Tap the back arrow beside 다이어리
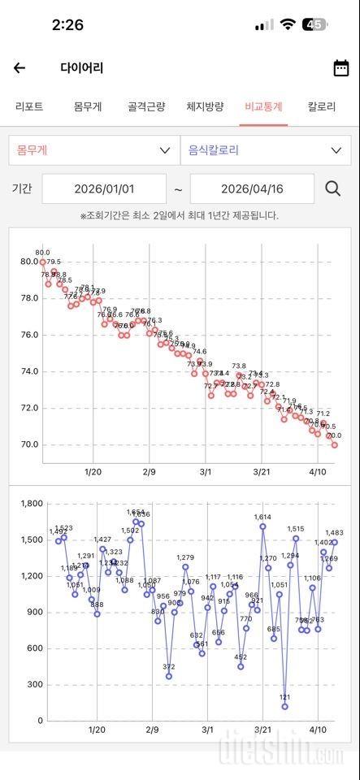click(x=20, y=68)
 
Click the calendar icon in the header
click(x=341, y=68)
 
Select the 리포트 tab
click(x=29, y=106)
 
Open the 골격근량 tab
click(x=146, y=106)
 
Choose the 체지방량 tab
click(x=205, y=106)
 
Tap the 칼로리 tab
click(x=322, y=106)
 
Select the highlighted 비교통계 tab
click(x=263, y=106)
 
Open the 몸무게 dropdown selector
click(x=93, y=150)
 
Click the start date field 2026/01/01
click(x=104, y=188)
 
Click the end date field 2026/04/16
click(x=252, y=188)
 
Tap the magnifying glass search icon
click(x=333, y=188)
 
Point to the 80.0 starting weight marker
click(x=42, y=262)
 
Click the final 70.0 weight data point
click(x=335, y=444)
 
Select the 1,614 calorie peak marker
click(x=262, y=526)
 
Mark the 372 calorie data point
click(x=169, y=676)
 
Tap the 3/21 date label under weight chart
click(x=262, y=471)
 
